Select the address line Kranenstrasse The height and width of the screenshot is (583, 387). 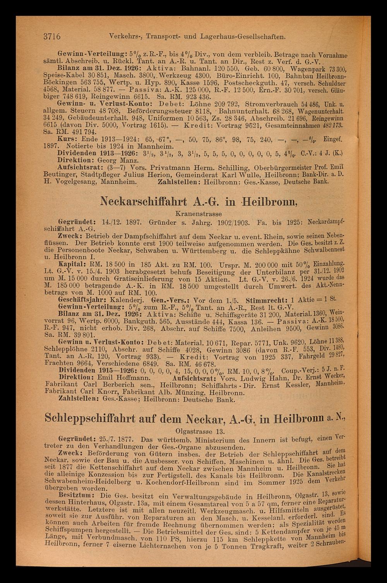click(198, 213)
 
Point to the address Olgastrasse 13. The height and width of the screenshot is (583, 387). click(198, 430)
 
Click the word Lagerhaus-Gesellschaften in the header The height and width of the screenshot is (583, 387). click(243, 38)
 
